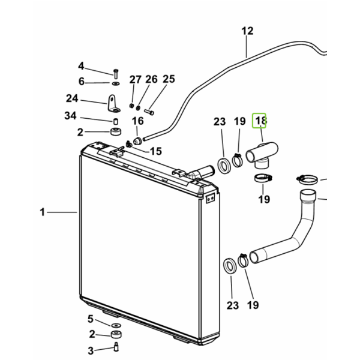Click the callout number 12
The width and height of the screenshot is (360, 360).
[x=247, y=31]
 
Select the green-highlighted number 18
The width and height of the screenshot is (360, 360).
[x=259, y=121]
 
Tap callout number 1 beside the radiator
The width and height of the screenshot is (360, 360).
[x=42, y=212]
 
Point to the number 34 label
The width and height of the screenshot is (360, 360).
[x=70, y=115]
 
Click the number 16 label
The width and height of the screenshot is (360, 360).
[x=137, y=121]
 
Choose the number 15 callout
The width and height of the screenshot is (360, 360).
[x=156, y=151]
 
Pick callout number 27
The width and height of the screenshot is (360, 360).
[x=135, y=80]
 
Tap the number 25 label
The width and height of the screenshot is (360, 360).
[x=169, y=79]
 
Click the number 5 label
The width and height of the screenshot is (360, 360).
[x=91, y=319]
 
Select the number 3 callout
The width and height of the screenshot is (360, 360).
[x=91, y=351]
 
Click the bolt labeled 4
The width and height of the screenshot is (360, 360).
[x=116, y=73]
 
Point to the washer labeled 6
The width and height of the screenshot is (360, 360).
[x=116, y=83]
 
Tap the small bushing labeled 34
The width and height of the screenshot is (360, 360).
[x=116, y=121]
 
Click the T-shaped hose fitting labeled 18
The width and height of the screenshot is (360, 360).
[x=262, y=155]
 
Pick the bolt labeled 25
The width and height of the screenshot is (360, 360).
[x=149, y=112]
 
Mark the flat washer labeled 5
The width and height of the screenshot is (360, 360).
[x=116, y=325]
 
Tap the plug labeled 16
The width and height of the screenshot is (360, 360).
[x=138, y=141]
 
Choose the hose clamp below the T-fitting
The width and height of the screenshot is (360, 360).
[x=263, y=178]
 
